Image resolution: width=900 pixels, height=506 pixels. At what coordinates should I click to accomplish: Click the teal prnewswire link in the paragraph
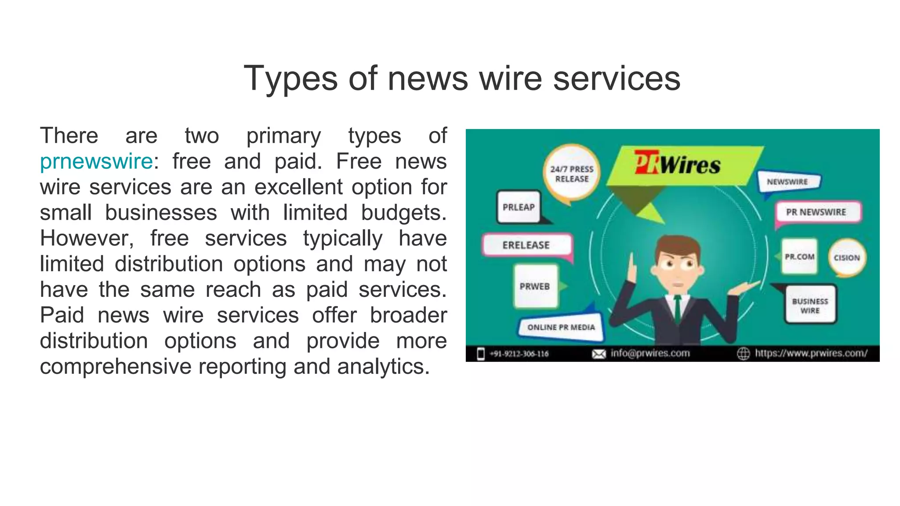tap(96, 161)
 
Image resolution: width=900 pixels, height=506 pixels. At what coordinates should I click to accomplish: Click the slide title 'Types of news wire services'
tap(462, 78)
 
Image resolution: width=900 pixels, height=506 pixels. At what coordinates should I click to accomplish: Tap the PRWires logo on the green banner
tap(677, 164)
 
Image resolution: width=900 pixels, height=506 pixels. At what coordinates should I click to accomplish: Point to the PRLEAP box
tap(519, 207)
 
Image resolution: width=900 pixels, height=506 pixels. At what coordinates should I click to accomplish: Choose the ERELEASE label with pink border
tap(526, 245)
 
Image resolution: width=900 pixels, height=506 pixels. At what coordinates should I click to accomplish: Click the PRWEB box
tap(535, 286)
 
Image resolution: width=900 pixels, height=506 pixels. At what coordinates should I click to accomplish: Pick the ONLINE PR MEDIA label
tap(561, 327)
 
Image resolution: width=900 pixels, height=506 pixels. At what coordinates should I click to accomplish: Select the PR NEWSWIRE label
tap(816, 212)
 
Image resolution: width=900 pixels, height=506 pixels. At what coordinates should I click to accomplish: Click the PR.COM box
tap(799, 257)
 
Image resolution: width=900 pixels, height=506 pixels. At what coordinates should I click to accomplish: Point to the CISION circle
tap(847, 258)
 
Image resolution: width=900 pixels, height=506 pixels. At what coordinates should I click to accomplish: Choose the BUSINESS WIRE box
tap(810, 306)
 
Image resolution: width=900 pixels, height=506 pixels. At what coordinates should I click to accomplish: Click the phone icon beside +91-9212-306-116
tap(481, 354)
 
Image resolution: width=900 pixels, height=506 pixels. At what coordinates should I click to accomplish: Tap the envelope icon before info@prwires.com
tap(599, 354)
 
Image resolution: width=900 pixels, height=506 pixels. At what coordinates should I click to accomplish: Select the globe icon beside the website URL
tap(743, 354)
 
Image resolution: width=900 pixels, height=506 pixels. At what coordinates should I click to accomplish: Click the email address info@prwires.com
tap(650, 353)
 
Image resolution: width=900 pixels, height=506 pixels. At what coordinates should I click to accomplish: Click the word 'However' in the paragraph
tap(87, 239)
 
